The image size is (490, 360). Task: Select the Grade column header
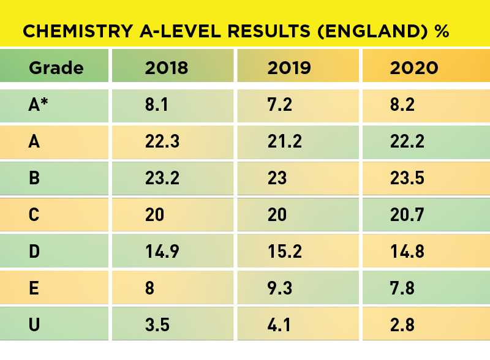56,67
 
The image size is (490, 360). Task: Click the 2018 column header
167,67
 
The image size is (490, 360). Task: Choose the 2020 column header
414,67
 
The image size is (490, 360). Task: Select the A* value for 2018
157,105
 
